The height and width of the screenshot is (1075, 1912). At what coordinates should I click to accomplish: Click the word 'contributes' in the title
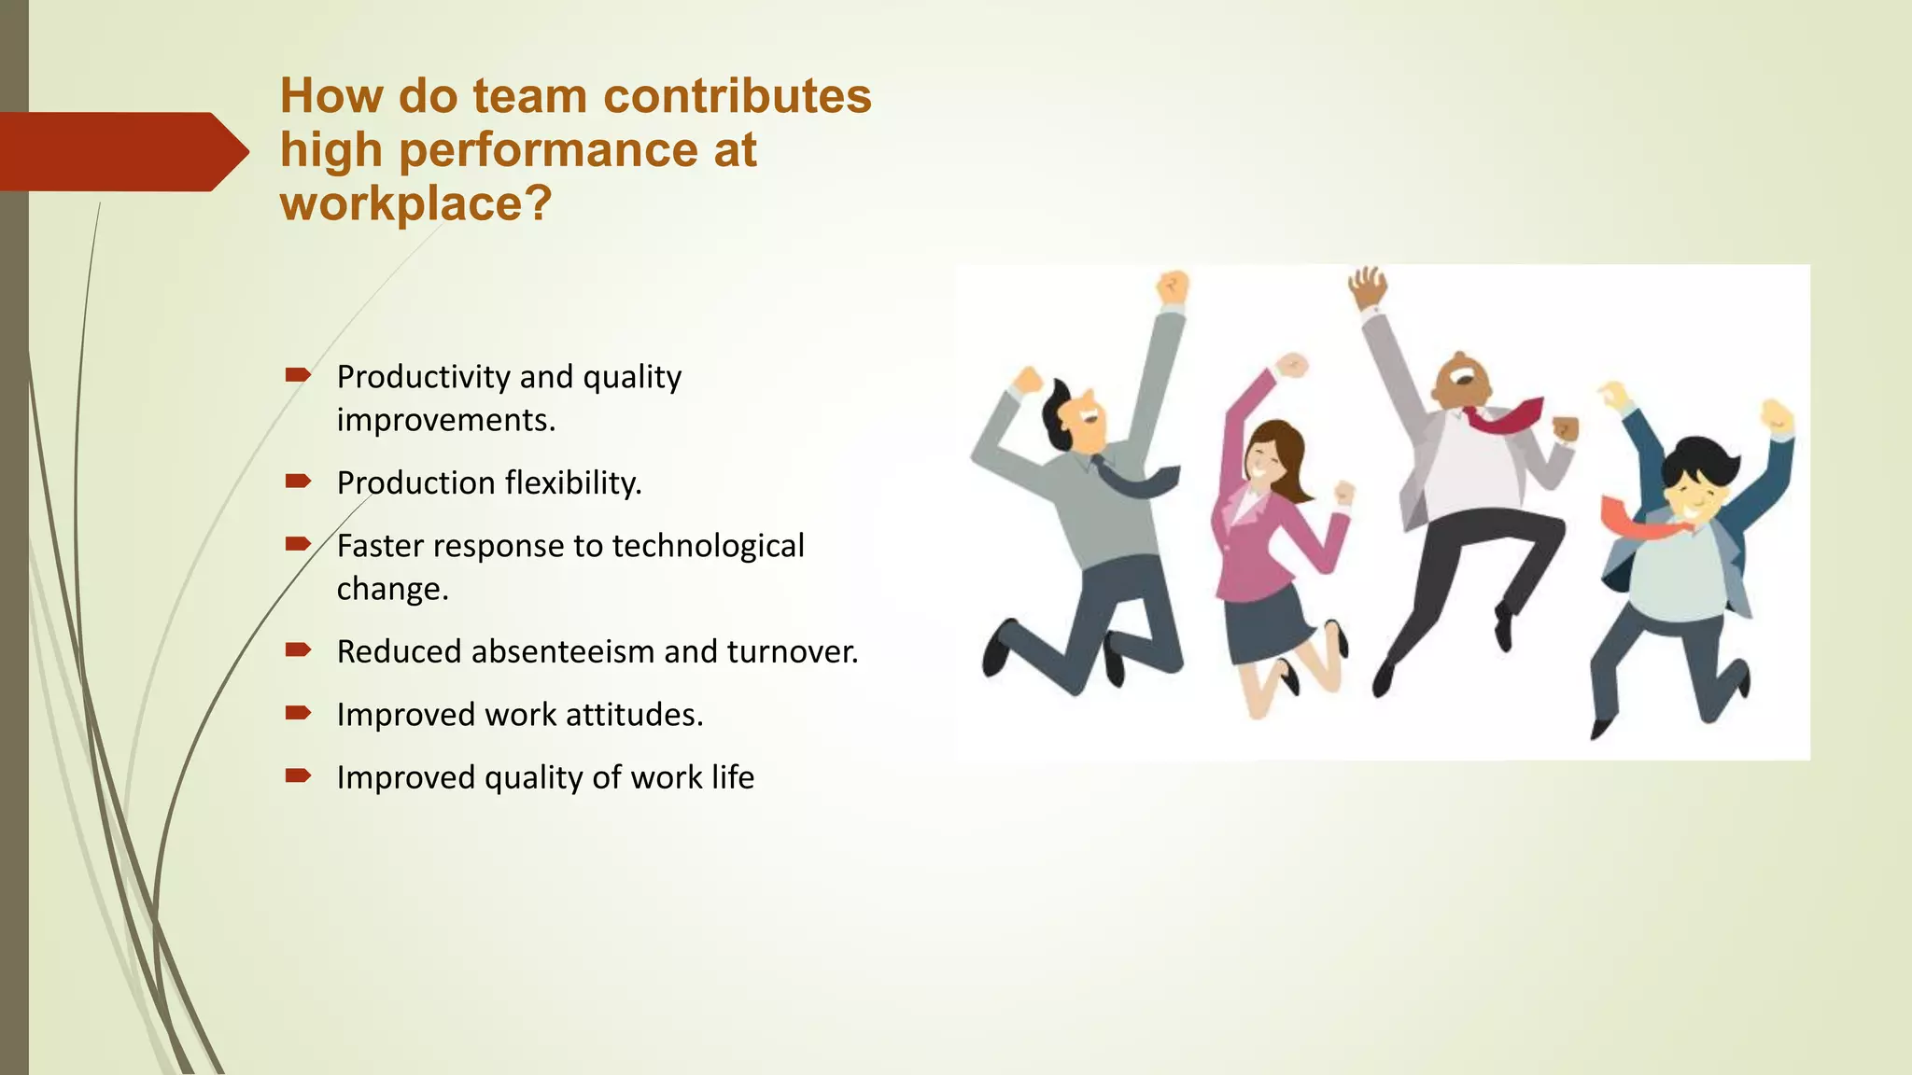point(737,96)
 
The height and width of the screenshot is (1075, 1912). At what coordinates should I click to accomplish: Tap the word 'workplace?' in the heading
point(415,203)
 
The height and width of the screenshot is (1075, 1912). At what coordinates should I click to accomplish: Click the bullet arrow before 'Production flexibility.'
point(298,482)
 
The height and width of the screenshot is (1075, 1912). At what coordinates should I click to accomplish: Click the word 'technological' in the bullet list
point(708,546)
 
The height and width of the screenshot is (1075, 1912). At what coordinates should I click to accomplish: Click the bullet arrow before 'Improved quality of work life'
point(298,775)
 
